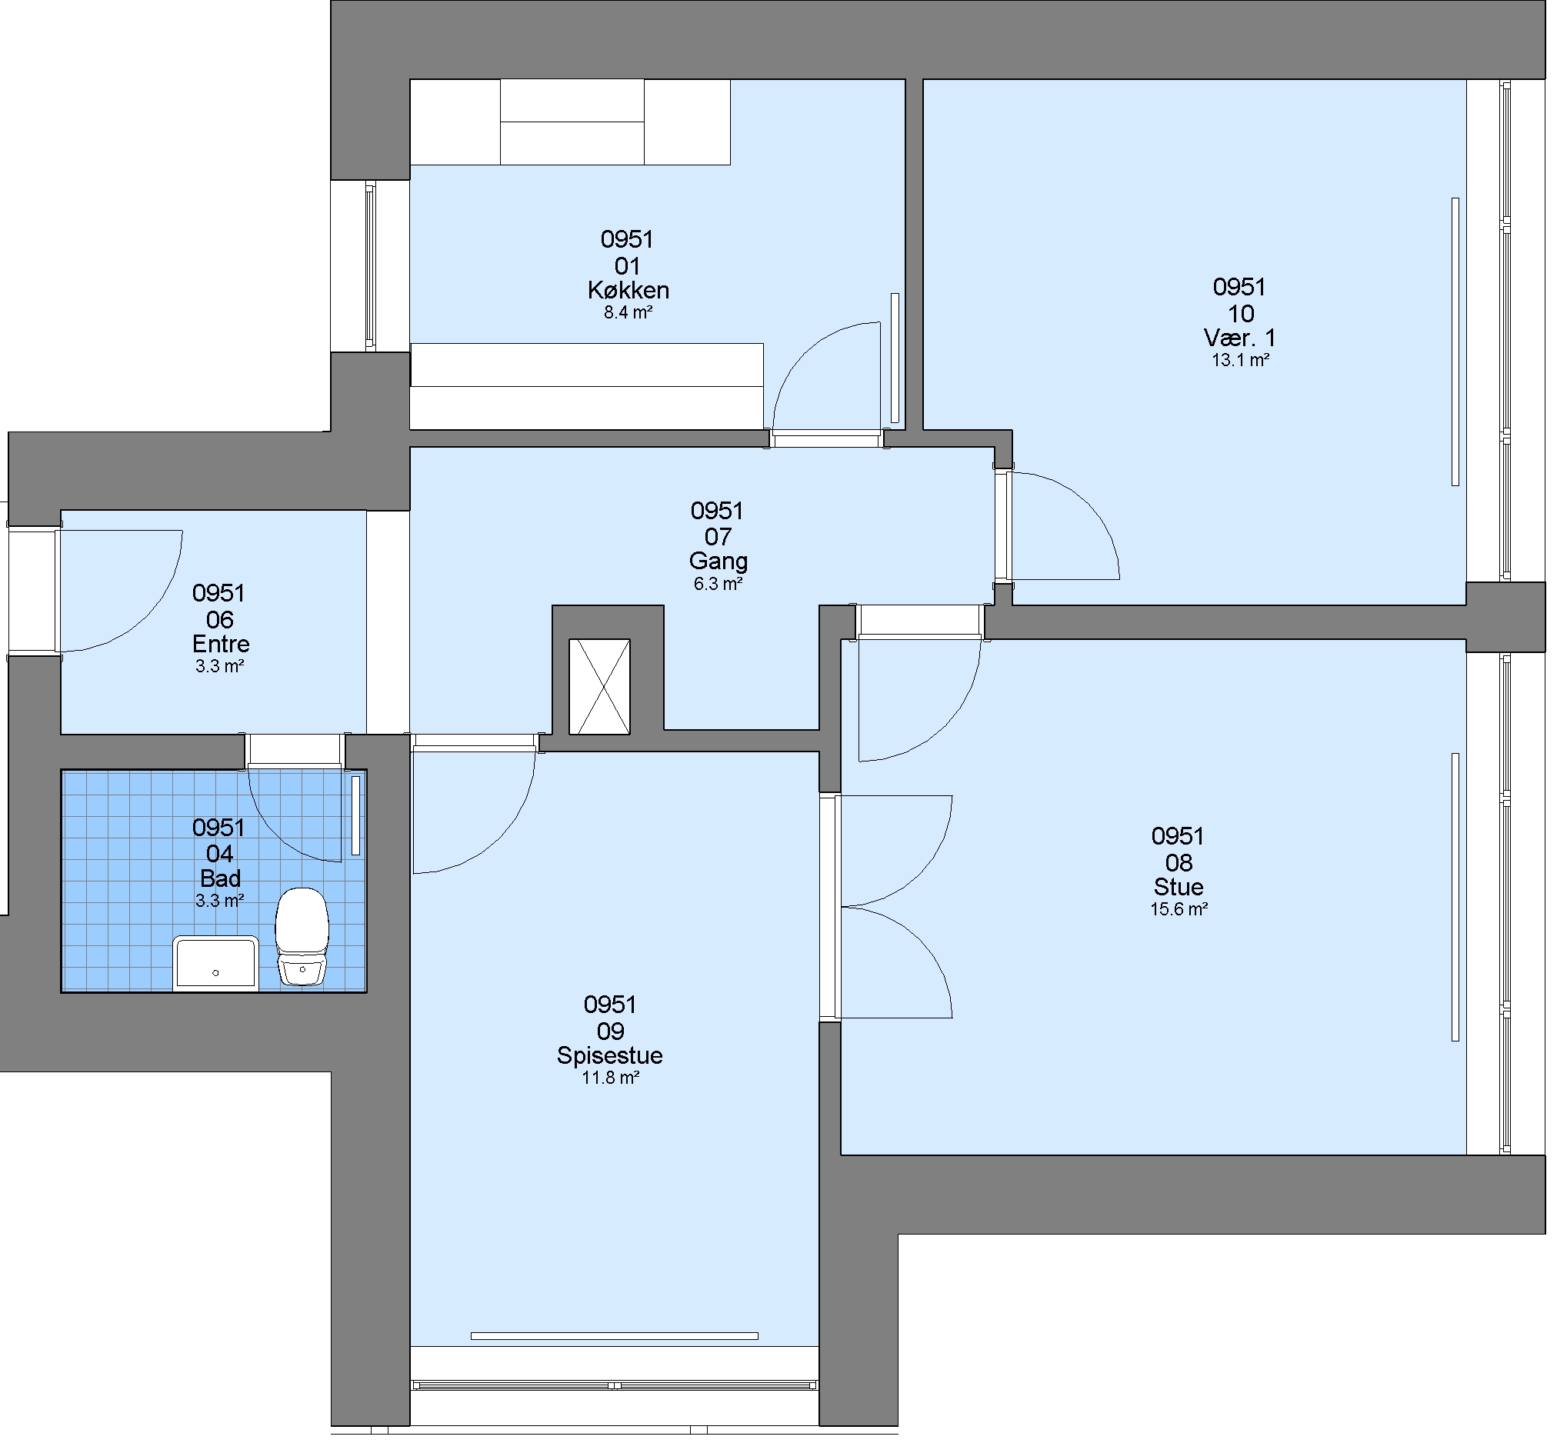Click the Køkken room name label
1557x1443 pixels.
click(x=628, y=291)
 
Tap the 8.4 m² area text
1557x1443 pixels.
click(x=628, y=312)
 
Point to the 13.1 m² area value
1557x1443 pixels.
click(x=1240, y=360)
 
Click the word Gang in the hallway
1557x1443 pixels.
click(x=718, y=562)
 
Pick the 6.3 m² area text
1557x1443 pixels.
click(x=718, y=583)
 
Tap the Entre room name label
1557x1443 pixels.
click(x=221, y=645)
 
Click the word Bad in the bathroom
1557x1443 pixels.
click(x=220, y=878)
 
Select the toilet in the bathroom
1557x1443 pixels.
click(x=302, y=935)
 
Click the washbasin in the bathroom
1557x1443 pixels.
click(x=215, y=963)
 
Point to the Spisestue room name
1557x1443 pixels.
click(x=610, y=1055)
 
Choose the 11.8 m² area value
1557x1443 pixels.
click(x=611, y=1078)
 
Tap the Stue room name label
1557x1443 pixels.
click(x=1179, y=887)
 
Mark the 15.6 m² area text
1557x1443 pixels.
click(x=1179, y=909)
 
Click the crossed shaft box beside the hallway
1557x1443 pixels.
click(x=599, y=686)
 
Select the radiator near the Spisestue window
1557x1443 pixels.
click(x=614, y=1336)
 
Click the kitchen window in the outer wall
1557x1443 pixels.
click(x=370, y=265)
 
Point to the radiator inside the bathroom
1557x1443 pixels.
click(x=355, y=815)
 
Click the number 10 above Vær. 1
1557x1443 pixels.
click(x=1241, y=314)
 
